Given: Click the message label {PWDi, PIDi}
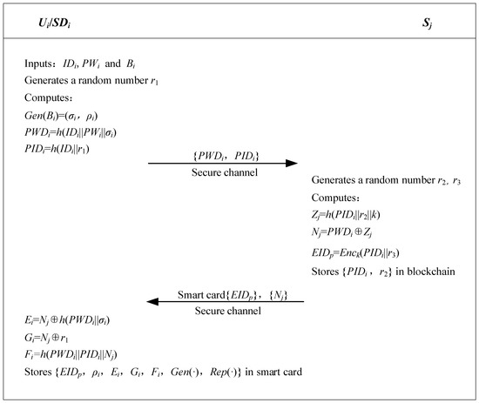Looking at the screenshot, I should tap(224, 153).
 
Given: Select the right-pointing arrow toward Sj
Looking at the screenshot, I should tap(224, 163).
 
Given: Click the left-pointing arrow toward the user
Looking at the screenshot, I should tap(224, 302).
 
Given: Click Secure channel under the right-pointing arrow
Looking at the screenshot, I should tap(224, 173).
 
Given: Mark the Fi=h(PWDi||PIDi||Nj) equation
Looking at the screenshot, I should tap(76, 352).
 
